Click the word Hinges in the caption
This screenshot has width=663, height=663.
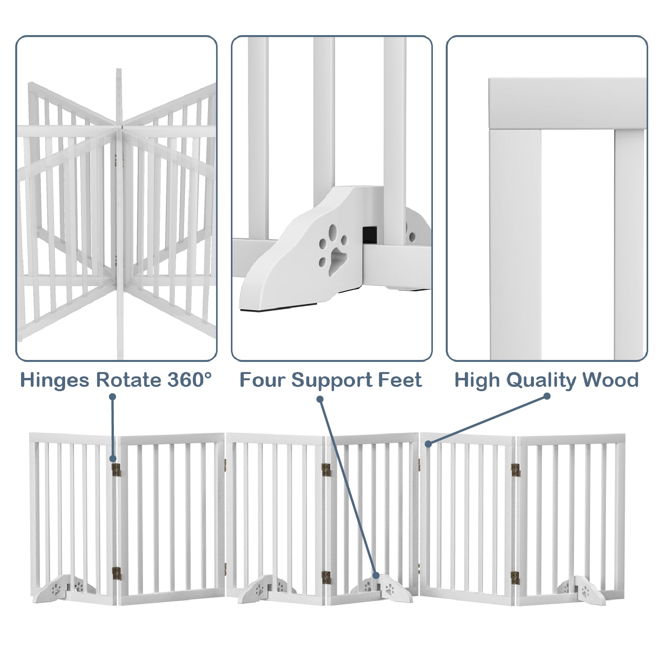55,380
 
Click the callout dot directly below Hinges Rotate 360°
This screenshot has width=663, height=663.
113,397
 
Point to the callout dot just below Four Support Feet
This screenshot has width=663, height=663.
320,399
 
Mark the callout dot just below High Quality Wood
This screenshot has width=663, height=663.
547,396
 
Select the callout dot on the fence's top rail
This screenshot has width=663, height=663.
428,444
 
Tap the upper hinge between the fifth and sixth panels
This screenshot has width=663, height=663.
516,470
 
